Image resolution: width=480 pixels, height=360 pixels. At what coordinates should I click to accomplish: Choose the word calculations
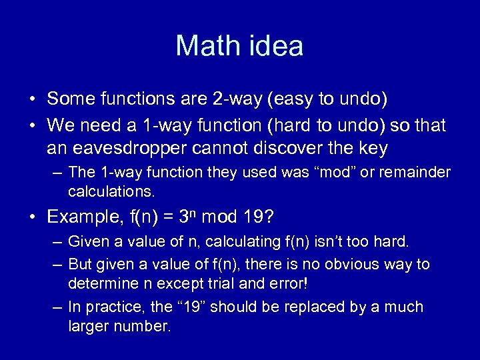111,193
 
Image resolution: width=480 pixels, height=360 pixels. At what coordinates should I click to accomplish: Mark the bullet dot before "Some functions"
32,100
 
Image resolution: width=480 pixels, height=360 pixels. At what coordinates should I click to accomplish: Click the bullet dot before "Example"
32,217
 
